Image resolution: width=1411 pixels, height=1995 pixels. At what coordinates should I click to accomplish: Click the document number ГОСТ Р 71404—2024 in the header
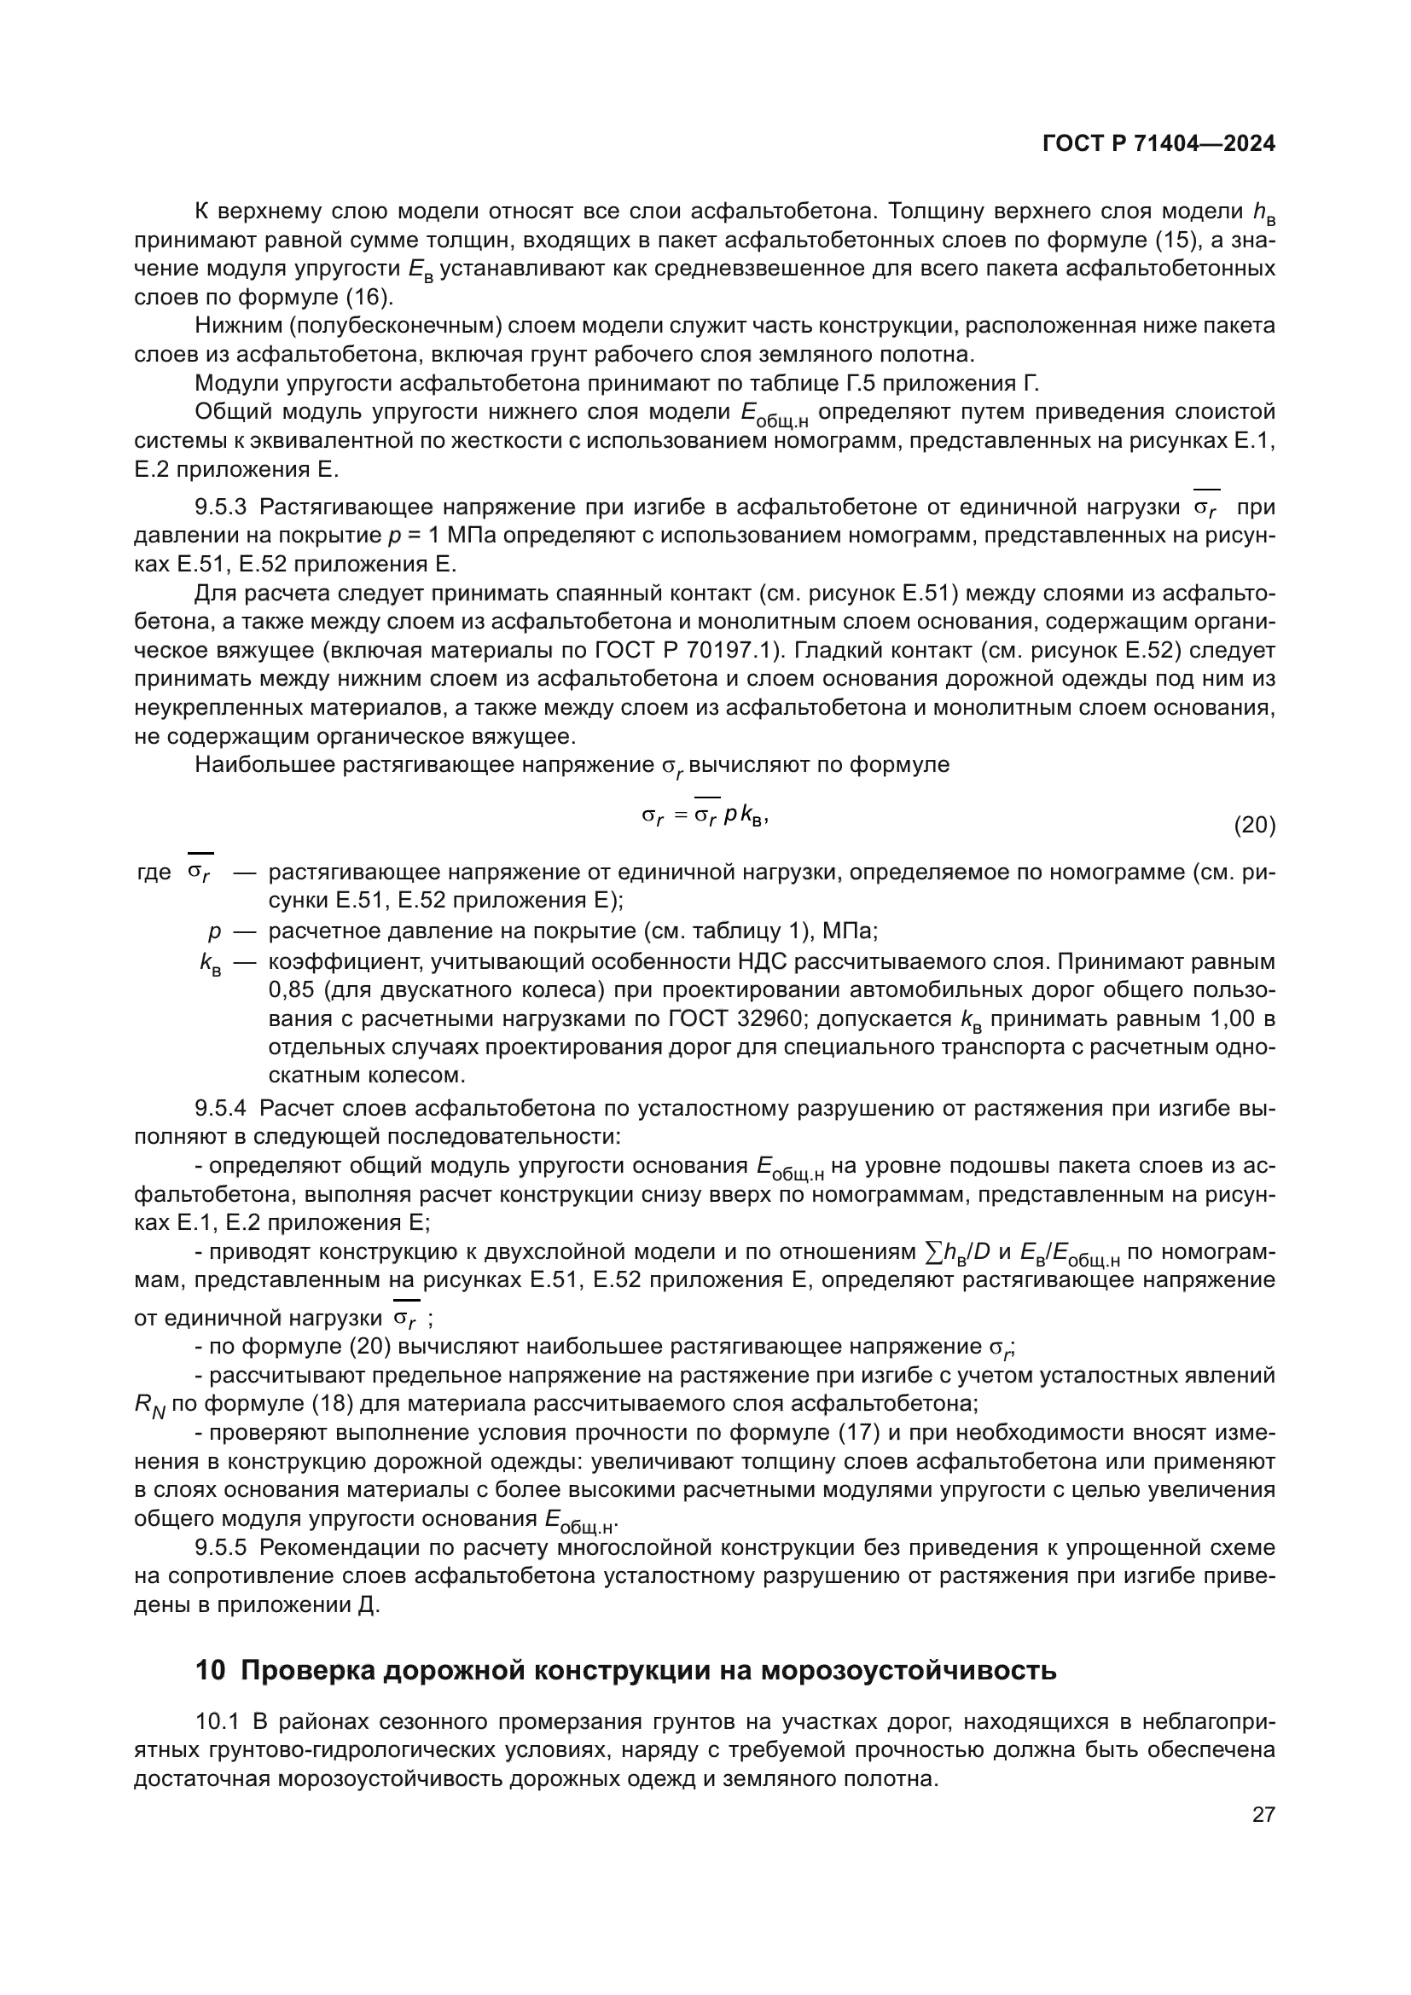tap(1158, 143)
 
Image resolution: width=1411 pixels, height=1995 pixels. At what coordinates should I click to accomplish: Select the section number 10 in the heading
tap(210, 1671)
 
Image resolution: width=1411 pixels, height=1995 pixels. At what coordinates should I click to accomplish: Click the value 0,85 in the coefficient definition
tap(289, 990)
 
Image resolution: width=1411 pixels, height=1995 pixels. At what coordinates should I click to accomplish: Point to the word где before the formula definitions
tap(154, 873)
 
